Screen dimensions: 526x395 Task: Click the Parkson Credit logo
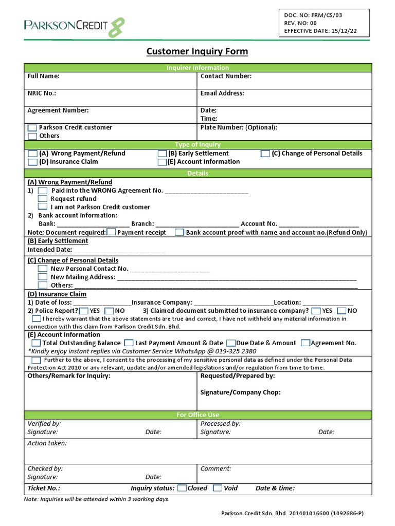point(74,26)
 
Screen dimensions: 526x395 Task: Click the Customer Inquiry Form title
point(197,51)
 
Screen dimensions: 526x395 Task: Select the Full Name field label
point(43,77)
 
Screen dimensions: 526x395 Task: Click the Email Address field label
point(222,93)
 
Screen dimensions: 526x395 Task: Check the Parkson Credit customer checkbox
point(32,128)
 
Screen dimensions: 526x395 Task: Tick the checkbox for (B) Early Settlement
point(163,154)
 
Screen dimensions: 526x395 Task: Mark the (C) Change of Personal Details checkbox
point(265,154)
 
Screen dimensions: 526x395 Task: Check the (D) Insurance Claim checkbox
point(32,162)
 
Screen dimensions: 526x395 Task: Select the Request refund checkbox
point(43,199)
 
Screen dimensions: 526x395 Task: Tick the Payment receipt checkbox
point(112,232)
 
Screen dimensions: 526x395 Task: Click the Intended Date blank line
point(119,250)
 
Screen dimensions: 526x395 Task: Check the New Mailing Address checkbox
point(43,277)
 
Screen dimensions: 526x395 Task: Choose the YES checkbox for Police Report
point(84,311)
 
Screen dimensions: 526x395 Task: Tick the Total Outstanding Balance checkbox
point(37,343)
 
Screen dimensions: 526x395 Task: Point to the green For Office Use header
point(197,415)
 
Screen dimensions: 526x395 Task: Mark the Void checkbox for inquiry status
point(218,488)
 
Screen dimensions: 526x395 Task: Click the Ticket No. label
point(44,489)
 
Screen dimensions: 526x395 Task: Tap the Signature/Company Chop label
point(240,392)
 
